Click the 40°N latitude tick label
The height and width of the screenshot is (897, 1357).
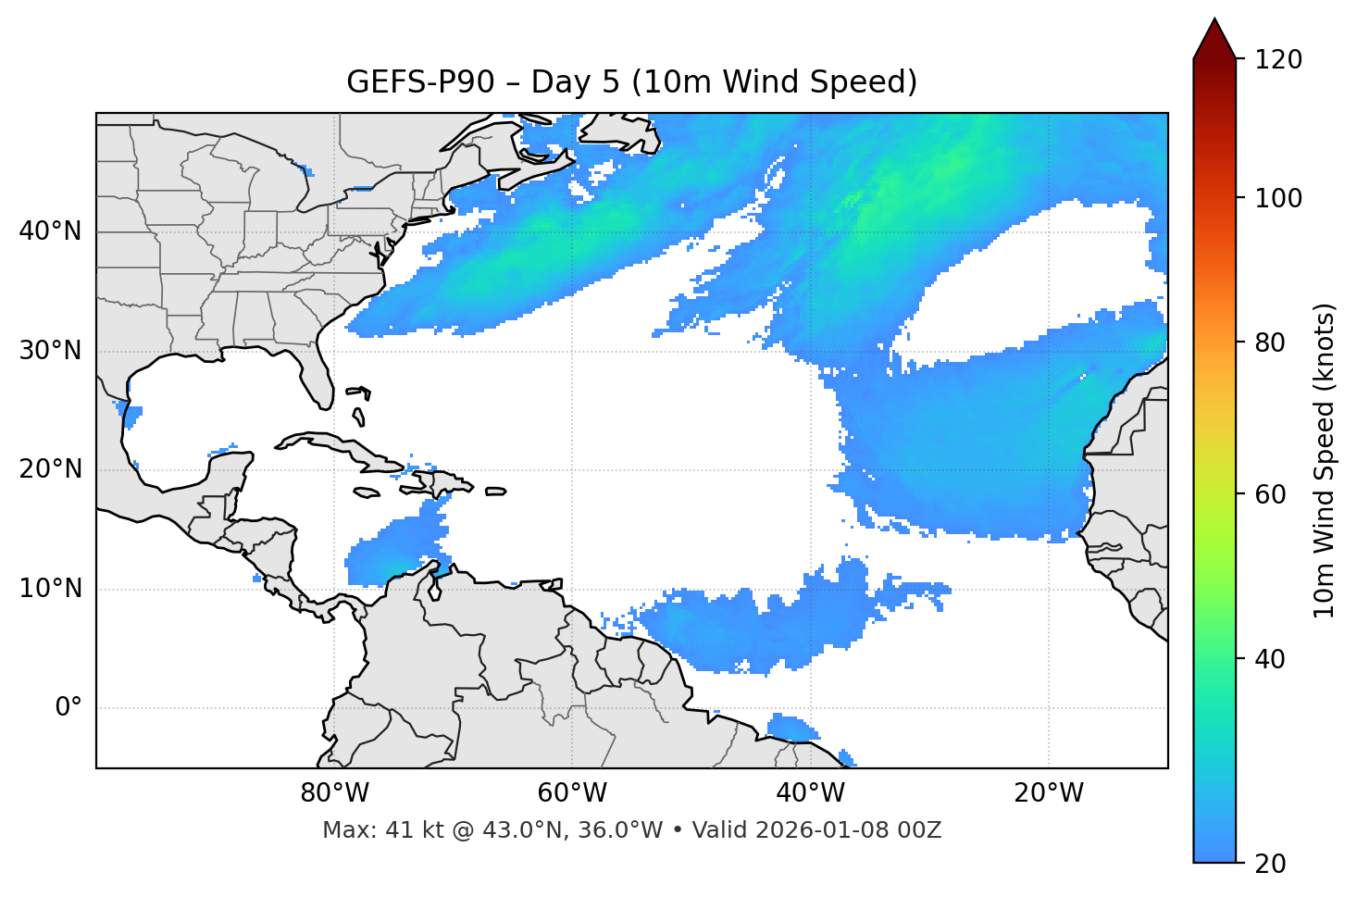50,231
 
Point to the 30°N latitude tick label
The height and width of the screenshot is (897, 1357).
50,351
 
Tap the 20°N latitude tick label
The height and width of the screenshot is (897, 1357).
50,469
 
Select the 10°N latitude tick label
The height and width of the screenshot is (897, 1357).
50,589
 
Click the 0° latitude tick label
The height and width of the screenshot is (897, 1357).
68,708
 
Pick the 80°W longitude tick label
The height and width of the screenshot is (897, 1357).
334,793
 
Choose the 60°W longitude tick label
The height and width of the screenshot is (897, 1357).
572,793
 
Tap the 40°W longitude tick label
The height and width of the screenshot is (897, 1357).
810,793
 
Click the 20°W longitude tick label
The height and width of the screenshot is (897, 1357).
1049,793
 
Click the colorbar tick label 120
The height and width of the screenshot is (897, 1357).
1278,60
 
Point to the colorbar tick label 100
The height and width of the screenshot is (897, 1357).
1278,198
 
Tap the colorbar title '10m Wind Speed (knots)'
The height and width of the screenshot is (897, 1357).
1325,460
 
